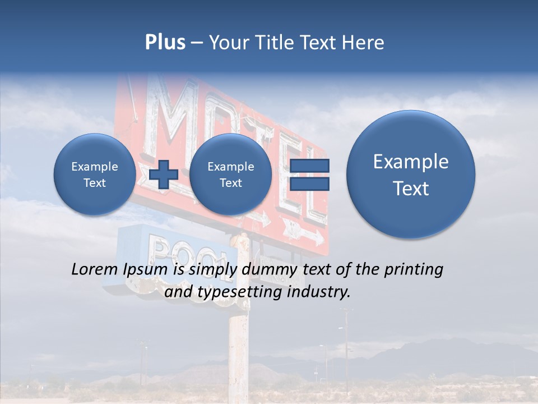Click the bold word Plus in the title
(165, 43)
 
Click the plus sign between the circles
(164, 174)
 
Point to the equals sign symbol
(309, 175)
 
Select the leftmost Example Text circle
(94, 174)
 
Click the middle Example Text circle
(230, 174)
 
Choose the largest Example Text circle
(411, 175)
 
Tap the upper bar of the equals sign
(309, 166)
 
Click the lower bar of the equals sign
(309, 184)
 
